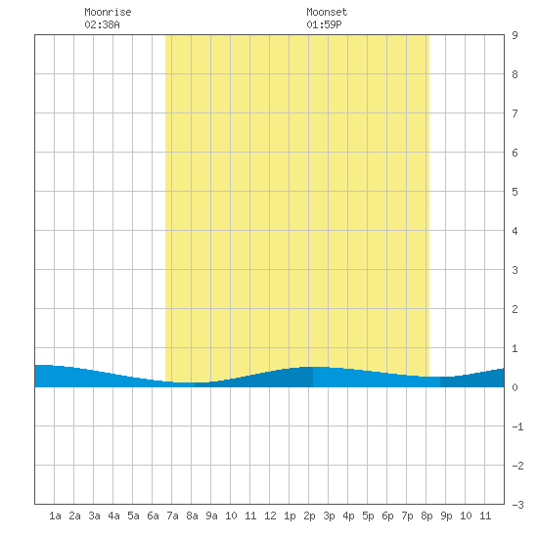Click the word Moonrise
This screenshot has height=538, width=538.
[x=108, y=12]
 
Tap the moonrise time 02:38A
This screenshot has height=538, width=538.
[x=102, y=24]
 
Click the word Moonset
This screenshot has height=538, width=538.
[x=327, y=12]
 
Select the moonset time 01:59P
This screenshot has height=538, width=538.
[x=324, y=24]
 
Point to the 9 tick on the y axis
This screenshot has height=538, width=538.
[x=515, y=35]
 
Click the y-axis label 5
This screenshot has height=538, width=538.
[x=515, y=192]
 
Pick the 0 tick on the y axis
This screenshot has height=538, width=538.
[x=515, y=387]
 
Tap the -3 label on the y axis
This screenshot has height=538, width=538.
[x=517, y=505]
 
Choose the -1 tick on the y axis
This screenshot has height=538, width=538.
[x=517, y=426]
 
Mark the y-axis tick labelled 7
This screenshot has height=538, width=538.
[x=515, y=113]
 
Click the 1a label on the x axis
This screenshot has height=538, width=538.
[x=55, y=516]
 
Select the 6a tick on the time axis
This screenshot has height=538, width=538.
[x=153, y=516]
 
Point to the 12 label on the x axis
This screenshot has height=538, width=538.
[x=270, y=516]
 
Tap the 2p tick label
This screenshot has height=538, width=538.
[x=309, y=516]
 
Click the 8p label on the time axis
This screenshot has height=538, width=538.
[x=426, y=516]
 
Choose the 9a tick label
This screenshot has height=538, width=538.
[x=211, y=516]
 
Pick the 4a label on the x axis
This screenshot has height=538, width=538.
[x=113, y=516]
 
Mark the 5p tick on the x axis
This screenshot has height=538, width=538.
[x=368, y=516]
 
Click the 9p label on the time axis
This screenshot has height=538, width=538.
[x=446, y=516]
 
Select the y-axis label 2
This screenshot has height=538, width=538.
[x=515, y=309]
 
